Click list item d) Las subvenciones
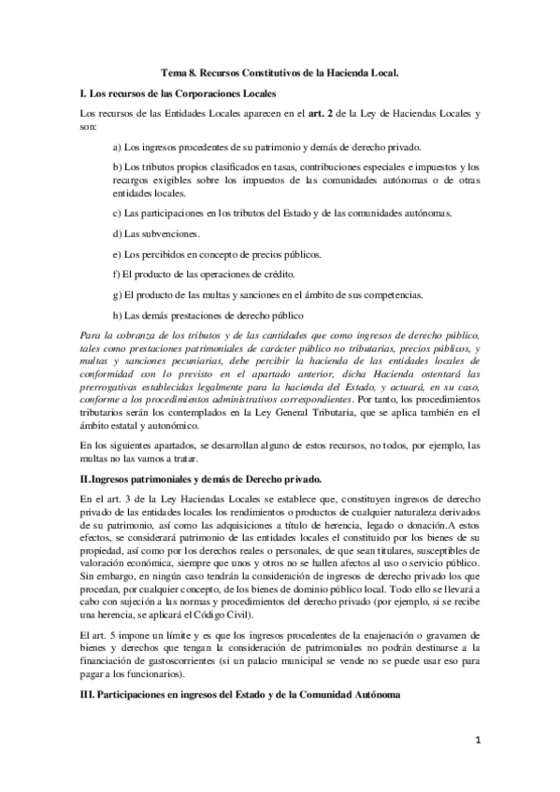(155, 233)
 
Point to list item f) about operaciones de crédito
(203, 274)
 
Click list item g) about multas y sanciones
(266, 294)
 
